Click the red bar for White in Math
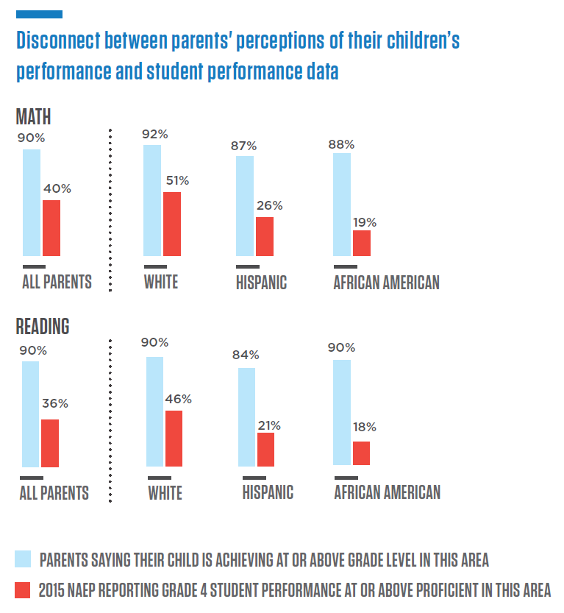pos(171,224)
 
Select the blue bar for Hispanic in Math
pos(245,205)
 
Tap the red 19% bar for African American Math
pos(362,243)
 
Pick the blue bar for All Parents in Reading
pos(30,414)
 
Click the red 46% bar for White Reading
pos(174,438)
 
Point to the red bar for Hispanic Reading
pos(265,449)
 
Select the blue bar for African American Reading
pos(342,412)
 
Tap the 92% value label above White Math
pos(156,134)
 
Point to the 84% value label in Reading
pos(245,355)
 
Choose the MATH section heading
pos(33,116)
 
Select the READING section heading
pos(43,325)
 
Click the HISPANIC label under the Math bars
pos(261,282)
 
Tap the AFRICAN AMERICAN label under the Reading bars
pos(387,492)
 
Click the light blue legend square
pos(23,559)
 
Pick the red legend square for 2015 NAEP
pos(23,589)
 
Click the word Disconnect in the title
pos(58,40)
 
